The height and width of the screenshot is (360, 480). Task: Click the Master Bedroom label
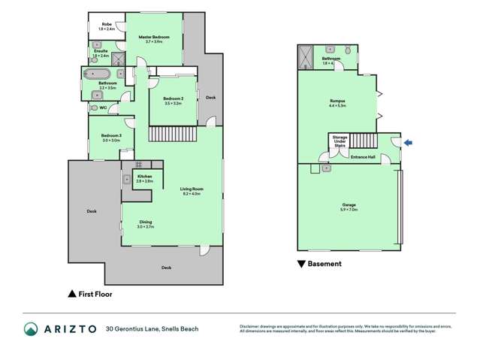[x=154, y=39]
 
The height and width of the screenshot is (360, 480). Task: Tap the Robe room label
[x=107, y=26]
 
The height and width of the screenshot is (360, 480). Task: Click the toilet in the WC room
[x=94, y=107]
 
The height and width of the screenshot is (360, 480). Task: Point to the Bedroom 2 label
[x=173, y=101]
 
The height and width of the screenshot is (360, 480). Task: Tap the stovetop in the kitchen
[x=138, y=165]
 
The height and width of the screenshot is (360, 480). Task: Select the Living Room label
[x=192, y=191]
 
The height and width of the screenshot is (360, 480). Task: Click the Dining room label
[x=145, y=223]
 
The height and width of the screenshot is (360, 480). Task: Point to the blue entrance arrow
[x=408, y=142]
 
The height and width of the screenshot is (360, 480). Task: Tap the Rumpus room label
[x=337, y=102]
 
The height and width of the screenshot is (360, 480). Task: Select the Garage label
[x=349, y=206]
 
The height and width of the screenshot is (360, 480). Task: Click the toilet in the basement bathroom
[x=348, y=50]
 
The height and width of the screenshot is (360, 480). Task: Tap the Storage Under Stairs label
[x=340, y=142]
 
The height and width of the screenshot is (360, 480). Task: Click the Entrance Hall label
[x=364, y=157]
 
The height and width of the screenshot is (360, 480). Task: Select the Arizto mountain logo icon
[x=31, y=328]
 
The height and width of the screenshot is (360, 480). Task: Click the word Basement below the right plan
[x=325, y=264]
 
